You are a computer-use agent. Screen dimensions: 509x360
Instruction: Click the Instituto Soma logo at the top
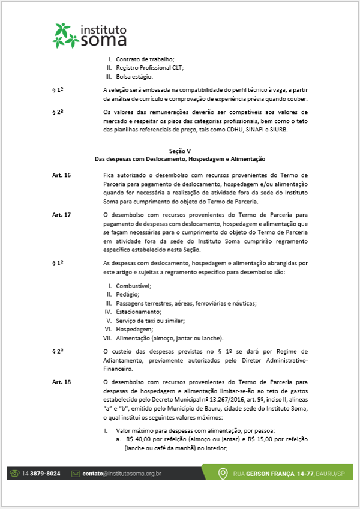(x=90, y=35)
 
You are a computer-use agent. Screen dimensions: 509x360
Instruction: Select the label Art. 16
(x=61, y=175)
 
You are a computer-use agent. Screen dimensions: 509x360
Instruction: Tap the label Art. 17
(x=61, y=214)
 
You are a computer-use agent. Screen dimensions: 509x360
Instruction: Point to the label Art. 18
(x=61, y=382)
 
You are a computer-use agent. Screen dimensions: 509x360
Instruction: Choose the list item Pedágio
(x=128, y=294)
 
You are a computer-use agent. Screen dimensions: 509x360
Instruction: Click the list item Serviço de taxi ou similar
(x=150, y=321)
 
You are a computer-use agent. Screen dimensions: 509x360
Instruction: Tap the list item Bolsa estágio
(x=134, y=76)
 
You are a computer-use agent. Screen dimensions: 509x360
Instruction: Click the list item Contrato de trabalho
(x=145, y=59)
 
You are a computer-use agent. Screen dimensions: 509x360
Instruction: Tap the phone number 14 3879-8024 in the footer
(x=41, y=474)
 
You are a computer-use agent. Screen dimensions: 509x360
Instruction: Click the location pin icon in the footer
(x=224, y=474)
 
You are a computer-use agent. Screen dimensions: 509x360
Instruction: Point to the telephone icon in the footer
(x=14, y=474)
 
